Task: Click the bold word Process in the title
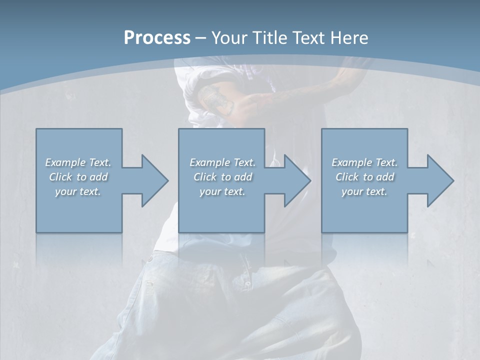pyautogui.click(x=157, y=38)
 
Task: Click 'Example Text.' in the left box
pyautogui.click(x=78, y=162)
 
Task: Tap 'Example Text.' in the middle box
pyautogui.click(x=222, y=162)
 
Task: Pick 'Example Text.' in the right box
pyautogui.click(x=364, y=162)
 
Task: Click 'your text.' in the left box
pyautogui.click(x=78, y=191)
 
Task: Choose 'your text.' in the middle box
pyautogui.click(x=222, y=191)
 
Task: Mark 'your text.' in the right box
pyautogui.click(x=364, y=191)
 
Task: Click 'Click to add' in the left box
pyautogui.click(x=78, y=177)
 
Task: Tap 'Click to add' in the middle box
pyautogui.click(x=222, y=177)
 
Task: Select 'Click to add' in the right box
pyautogui.click(x=364, y=177)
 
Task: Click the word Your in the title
pyautogui.click(x=228, y=38)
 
